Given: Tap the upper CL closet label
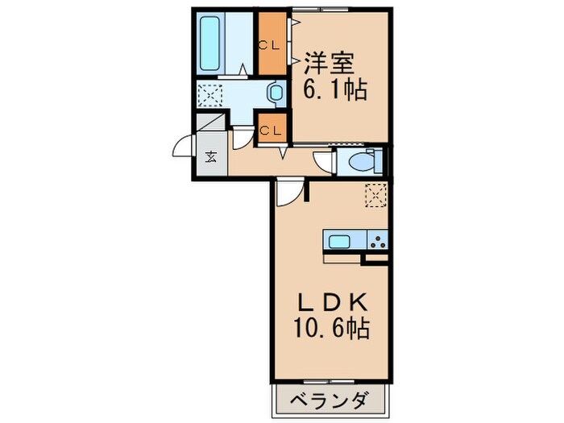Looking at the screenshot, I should click(269, 44).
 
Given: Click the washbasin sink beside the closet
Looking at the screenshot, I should click(276, 94).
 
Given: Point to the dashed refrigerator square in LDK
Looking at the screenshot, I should click(376, 195).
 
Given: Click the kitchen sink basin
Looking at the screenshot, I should click(339, 240).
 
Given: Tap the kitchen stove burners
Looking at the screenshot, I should click(377, 240).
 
